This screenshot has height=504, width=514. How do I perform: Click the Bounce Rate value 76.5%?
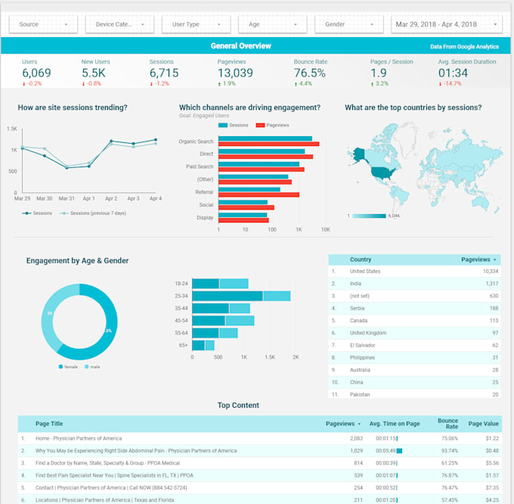pyautogui.click(x=310, y=73)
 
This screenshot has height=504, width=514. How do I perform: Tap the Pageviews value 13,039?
pyautogui.click(x=235, y=73)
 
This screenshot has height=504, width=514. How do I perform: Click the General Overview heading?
pyautogui.click(x=240, y=45)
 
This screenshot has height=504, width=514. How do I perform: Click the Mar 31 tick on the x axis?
pyautogui.click(x=67, y=198)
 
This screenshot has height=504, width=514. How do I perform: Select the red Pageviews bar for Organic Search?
pyautogui.click(x=268, y=144)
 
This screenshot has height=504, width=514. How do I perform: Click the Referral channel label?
pyautogui.click(x=203, y=193)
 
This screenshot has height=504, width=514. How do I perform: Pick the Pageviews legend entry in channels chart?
pyautogui.click(x=274, y=125)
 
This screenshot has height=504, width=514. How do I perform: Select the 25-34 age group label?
pyautogui.click(x=182, y=296)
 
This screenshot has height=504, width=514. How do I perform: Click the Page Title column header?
pyautogui.click(x=49, y=424)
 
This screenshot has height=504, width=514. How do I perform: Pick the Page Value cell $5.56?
pyautogui.click(x=489, y=462)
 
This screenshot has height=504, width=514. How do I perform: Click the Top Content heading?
pyautogui.click(x=238, y=406)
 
